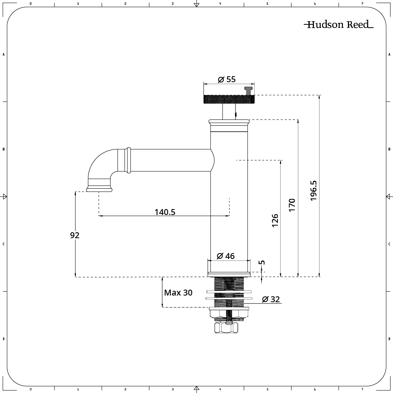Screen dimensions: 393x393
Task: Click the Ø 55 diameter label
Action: [x=226, y=79]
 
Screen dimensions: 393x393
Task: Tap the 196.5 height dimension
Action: [x=314, y=191]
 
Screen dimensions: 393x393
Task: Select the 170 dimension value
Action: [x=292, y=206]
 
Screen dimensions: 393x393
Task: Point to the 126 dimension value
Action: [x=275, y=220]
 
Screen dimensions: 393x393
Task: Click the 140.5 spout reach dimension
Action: [x=165, y=212]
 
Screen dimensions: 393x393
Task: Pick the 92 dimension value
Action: [x=75, y=235]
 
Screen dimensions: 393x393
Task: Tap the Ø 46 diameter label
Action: [x=226, y=256]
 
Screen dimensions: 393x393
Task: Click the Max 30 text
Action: [x=178, y=293]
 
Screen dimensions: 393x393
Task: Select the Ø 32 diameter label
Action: [x=271, y=299]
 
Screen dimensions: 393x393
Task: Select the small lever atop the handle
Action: [x=248, y=90]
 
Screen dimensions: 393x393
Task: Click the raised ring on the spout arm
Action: [x=128, y=160]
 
